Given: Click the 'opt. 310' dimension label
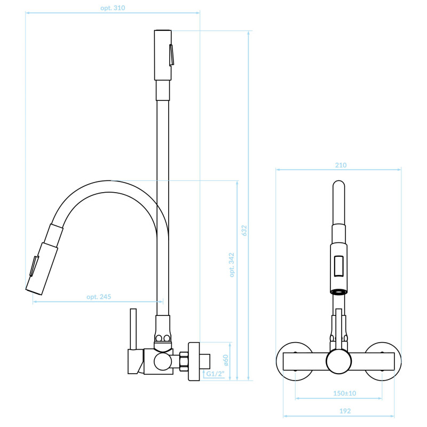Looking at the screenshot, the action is click(113, 8).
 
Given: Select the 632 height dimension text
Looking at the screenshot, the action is click(244, 231).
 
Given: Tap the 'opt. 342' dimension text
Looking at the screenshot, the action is click(232, 265).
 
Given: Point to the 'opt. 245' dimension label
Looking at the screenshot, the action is click(99, 297).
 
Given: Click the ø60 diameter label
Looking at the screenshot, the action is click(225, 360).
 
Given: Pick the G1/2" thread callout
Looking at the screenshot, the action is click(216, 374).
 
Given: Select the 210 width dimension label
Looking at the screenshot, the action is click(341, 165).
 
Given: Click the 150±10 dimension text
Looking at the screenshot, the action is click(344, 393).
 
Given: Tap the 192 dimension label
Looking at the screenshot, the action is click(345, 411).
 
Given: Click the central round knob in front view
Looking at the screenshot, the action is click(339, 361).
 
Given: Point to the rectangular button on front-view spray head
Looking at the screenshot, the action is click(339, 266).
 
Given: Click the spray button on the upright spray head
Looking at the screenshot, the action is click(171, 55).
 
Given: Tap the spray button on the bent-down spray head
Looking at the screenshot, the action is click(34, 266).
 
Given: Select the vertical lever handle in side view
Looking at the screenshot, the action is click(133, 329).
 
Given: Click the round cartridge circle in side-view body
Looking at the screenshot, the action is click(163, 361).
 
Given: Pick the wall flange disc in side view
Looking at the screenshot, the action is click(194, 361).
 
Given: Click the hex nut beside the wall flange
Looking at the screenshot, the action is click(184, 361).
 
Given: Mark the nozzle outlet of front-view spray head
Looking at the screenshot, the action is click(339, 292).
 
